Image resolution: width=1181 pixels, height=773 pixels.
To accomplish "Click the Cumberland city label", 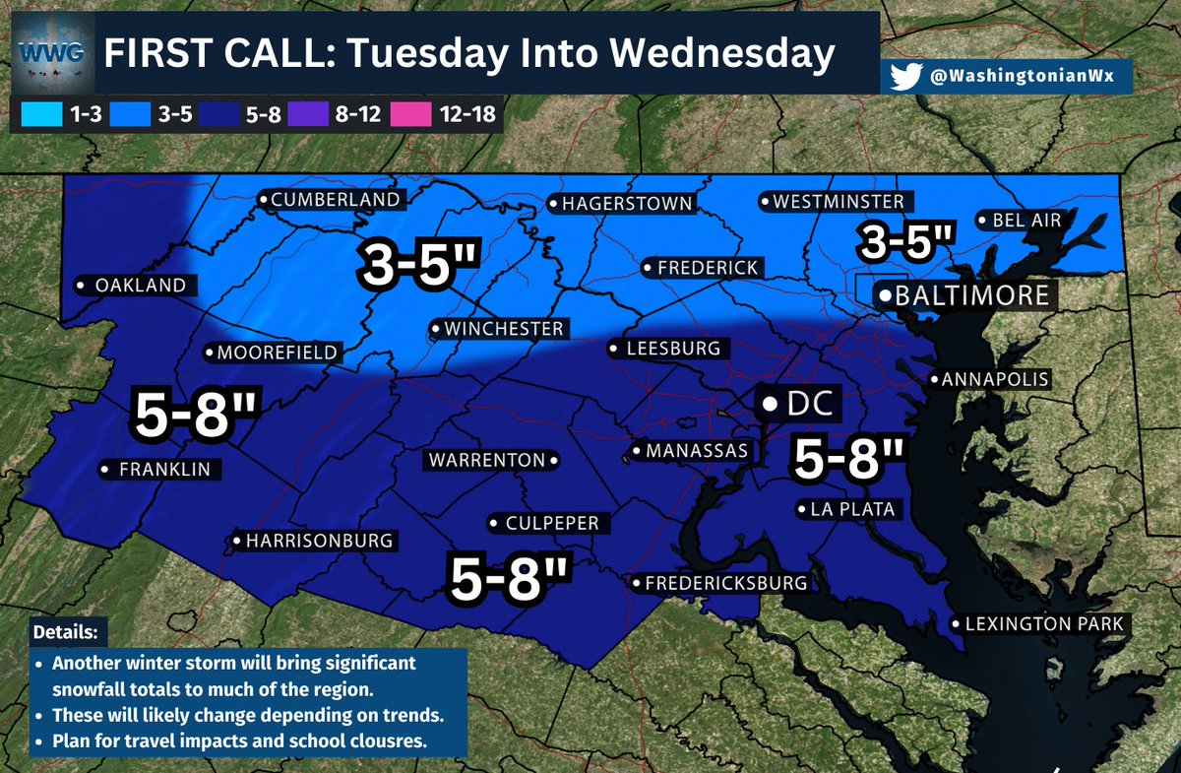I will click(x=330, y=200).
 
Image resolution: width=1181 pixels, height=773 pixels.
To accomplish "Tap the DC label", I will click(x=798, y=403).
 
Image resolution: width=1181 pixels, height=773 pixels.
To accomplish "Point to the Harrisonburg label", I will click(x=312, y=541).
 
